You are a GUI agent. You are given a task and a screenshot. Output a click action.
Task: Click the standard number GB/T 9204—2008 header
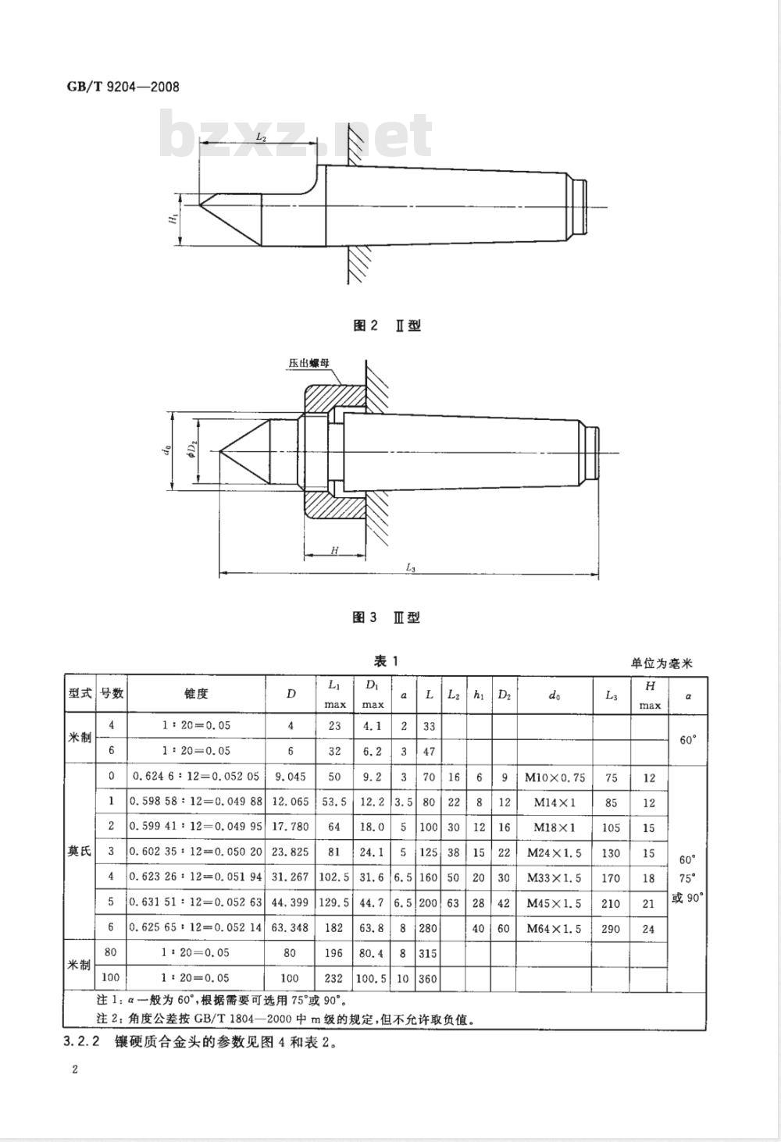(x=123, y=87)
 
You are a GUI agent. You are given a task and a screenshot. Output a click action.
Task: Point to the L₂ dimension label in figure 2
(x=261, y=137)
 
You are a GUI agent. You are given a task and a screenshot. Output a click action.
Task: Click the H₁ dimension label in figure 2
(x=173, y=219)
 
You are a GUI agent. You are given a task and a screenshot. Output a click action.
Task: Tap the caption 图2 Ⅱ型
(x=387, y=326)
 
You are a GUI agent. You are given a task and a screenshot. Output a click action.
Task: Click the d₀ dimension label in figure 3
(x=169, y=450)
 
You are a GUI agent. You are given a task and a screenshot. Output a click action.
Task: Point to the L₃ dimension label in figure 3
(x=410, y=567)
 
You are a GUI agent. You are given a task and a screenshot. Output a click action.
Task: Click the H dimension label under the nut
(x=334, y=550)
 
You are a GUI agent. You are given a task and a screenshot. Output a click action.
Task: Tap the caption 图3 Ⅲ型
(x=386, y=617)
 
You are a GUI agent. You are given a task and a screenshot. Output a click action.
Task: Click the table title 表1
(x=386, y=661)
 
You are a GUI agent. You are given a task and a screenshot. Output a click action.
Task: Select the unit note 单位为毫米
(x=662, y=663)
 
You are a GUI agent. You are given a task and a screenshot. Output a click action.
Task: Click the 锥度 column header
(x=196, y=694)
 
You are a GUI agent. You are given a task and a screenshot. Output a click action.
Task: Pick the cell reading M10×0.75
(x=555, y=777)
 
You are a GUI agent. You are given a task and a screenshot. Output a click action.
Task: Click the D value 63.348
(x=291, y=927)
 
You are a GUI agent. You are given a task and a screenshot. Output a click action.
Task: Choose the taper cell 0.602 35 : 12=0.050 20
(x=196, y=852)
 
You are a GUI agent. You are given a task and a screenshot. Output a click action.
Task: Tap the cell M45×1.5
(x=554, y=903)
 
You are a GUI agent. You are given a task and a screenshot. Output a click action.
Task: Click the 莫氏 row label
(x=80, y=852)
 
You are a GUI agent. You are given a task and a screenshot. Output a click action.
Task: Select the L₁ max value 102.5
(x=334, y=877)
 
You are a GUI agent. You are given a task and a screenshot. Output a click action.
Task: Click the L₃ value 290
(x=611, y=928)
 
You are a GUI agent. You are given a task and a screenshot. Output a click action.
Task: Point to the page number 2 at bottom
(x=75, y=1069)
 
